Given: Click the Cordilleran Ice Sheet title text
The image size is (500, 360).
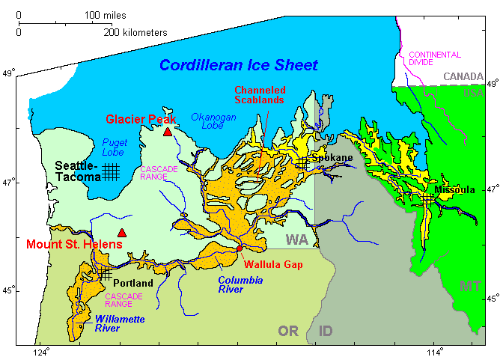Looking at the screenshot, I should [239, 65].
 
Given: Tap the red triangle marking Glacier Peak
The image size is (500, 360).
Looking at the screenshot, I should [168, 132].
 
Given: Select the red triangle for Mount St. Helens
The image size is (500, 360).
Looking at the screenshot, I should [122, 233].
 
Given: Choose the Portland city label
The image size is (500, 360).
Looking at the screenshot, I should [133, 284].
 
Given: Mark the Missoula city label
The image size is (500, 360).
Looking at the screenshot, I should [454, 190].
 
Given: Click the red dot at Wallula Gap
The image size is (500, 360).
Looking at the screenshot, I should [239, 248].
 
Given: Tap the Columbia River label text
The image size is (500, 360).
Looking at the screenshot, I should [242, 284].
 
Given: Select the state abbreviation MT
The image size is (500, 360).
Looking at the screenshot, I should [470, 286].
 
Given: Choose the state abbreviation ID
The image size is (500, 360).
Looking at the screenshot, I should [327, 331].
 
